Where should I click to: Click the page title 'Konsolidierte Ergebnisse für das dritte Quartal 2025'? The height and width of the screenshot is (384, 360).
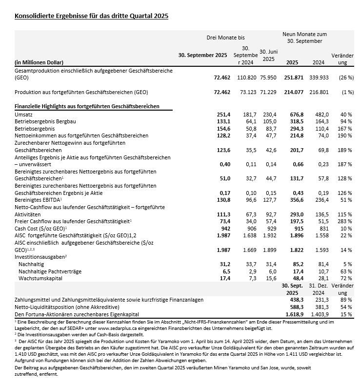[92, 16]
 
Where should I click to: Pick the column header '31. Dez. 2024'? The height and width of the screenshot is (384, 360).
[317, 288]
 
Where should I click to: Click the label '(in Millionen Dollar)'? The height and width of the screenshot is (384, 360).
[39, 62]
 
